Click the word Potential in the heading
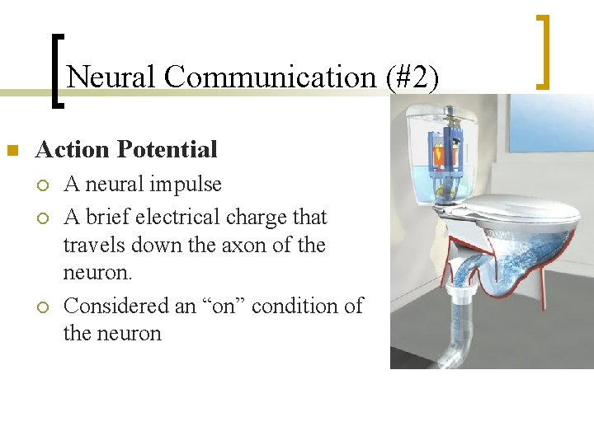point(167,149)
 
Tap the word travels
point(92,245)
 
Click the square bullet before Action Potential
point(12,151)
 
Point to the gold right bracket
point(543,51)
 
